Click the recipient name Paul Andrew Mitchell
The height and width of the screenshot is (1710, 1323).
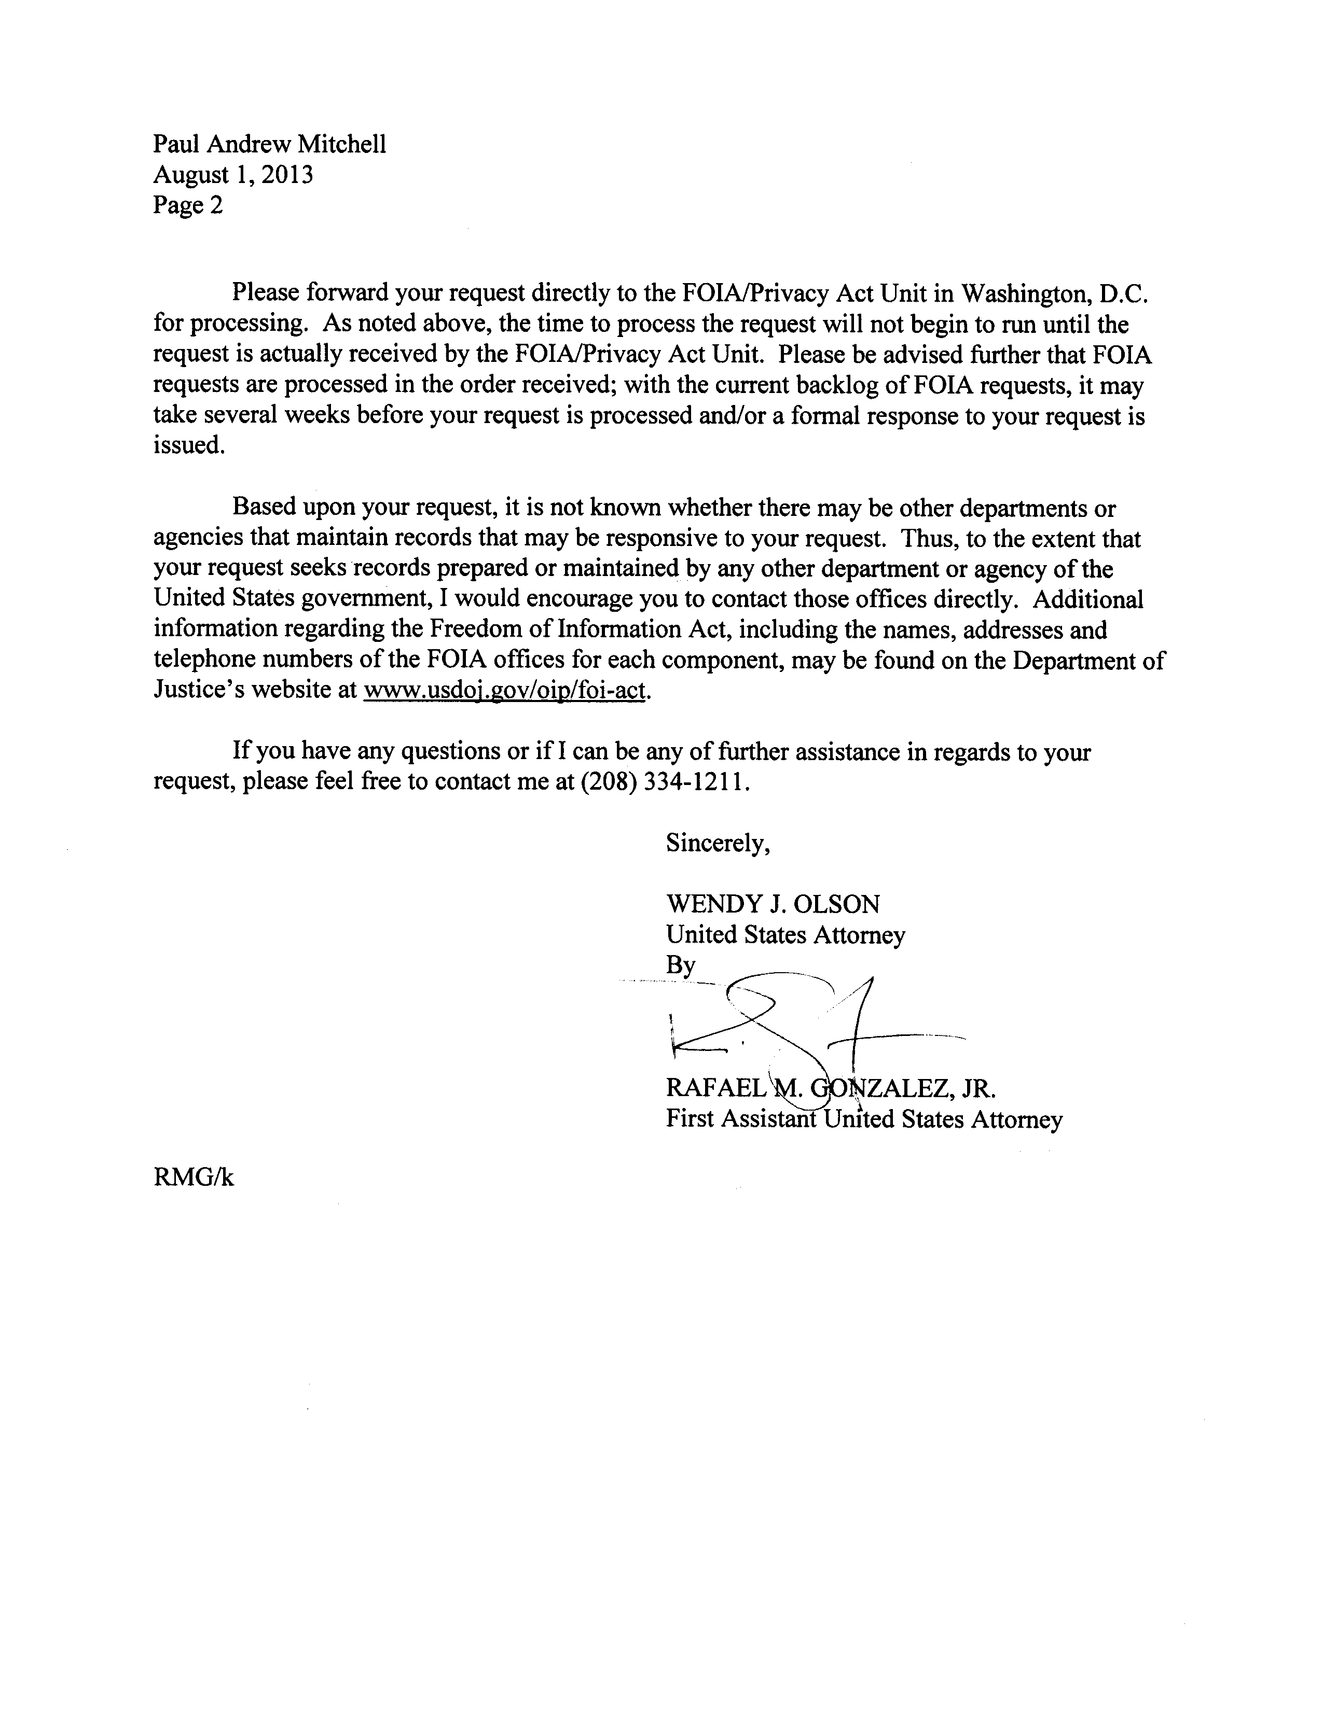[x=269, y=145]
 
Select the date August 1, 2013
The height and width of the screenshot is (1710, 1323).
[x=232, y=175]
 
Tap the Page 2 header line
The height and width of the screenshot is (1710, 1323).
[x=188, y=205]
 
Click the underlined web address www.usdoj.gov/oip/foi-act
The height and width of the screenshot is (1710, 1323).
[x=506, y=691]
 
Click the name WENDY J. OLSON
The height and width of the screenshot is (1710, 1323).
[x=773, y=904]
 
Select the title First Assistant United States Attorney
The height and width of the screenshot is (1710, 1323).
[x=864, y=1119]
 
